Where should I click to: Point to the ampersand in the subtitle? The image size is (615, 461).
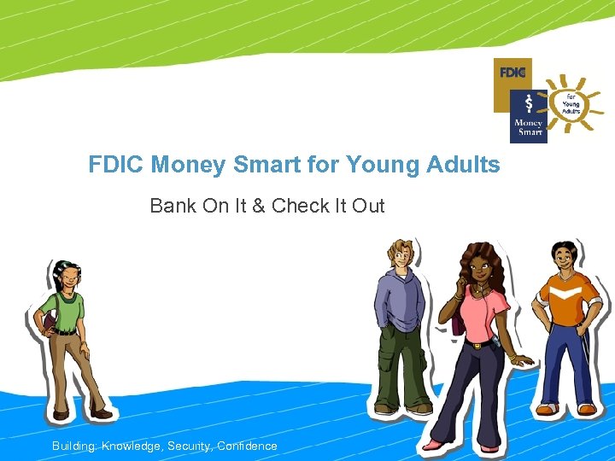click(x=258, y=206)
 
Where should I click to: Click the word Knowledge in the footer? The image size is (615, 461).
click(x=132, y=446)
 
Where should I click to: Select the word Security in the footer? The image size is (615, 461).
click(x=190, y=446)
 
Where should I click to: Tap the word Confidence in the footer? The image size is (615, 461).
click(x=247, y=446)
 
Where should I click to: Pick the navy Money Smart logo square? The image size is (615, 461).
click(x=528, y=117)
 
